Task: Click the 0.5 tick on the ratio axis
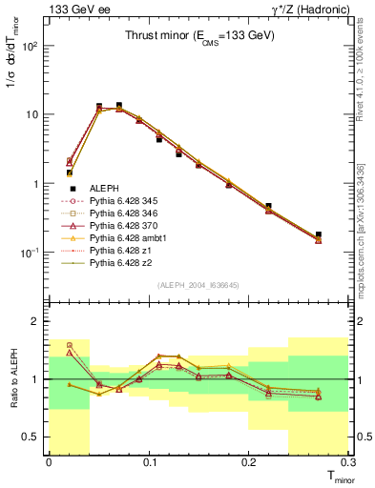pyautogui.click(x=35, y=437)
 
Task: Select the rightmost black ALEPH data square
pyautogui.click(x=319, y=234)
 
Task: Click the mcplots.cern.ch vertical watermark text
pyautogui.click(x=368, y=229)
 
